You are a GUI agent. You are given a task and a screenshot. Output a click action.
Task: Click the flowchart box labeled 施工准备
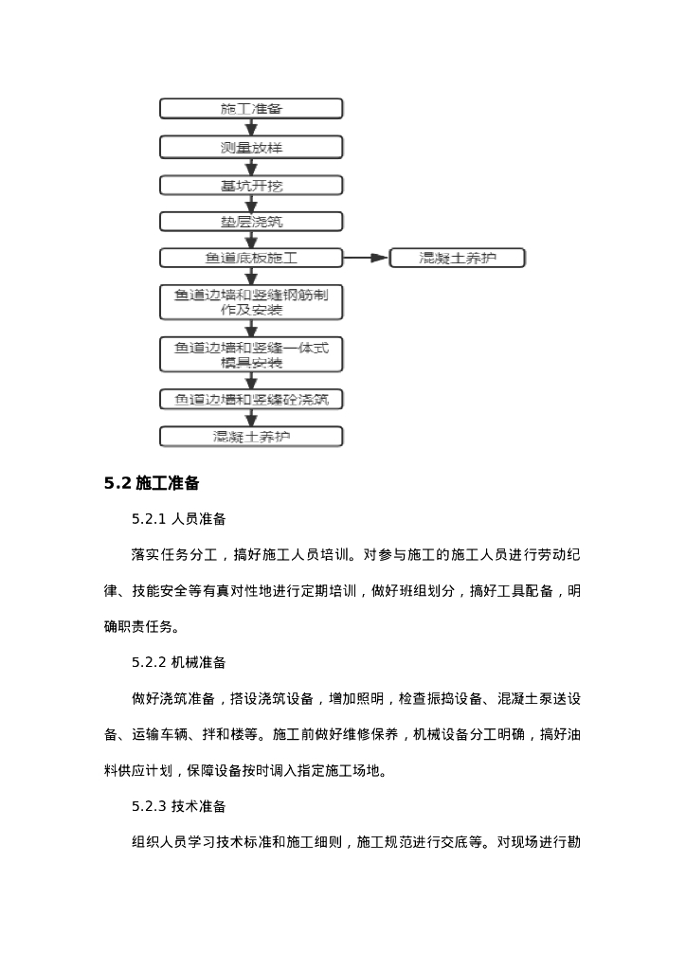pyautogui.click(x=251, y=109)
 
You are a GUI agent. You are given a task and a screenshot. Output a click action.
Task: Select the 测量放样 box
pyautogui.click(x=251, y=148)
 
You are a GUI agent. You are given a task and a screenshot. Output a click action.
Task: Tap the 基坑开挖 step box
pyautogui.click(x=251, y=186)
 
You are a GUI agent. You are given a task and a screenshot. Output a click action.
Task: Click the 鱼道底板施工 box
pyautogui.click(x=251, y=258)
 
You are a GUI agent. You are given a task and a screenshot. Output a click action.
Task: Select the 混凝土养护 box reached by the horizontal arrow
pyautogui.click(x=457, y=258)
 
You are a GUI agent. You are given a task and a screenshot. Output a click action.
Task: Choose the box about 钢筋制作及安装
pyautogui.click(x=251, y=302)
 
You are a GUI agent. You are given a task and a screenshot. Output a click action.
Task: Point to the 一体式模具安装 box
pyautogui.click(x=251, y=355)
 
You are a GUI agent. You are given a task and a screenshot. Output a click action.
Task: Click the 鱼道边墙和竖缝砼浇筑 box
pyautogui.click(x=251, y=400)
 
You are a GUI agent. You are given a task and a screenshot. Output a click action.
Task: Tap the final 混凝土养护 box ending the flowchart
pyautogui.click(x=251, y=437)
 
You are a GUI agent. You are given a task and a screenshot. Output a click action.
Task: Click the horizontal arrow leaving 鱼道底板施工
pyautogui.click(x=366, y=258)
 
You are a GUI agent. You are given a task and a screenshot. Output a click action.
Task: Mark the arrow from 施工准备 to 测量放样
pyautogui.click(x=251, y=128)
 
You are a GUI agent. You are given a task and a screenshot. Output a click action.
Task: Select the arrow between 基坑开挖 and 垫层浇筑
pyautogui.click(x=251, y=204)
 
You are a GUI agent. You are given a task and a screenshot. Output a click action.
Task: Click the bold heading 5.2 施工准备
pyautogui.click(x=152, y=484)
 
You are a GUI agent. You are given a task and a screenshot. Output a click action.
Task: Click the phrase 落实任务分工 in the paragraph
pyautogui.click(x=174, y=555)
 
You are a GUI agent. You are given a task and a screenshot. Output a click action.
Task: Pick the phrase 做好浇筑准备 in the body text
pyautogui.click(x=174, y=699)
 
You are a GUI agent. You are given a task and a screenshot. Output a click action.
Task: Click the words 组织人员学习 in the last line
pyautogui.click(x=174, y=842)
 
